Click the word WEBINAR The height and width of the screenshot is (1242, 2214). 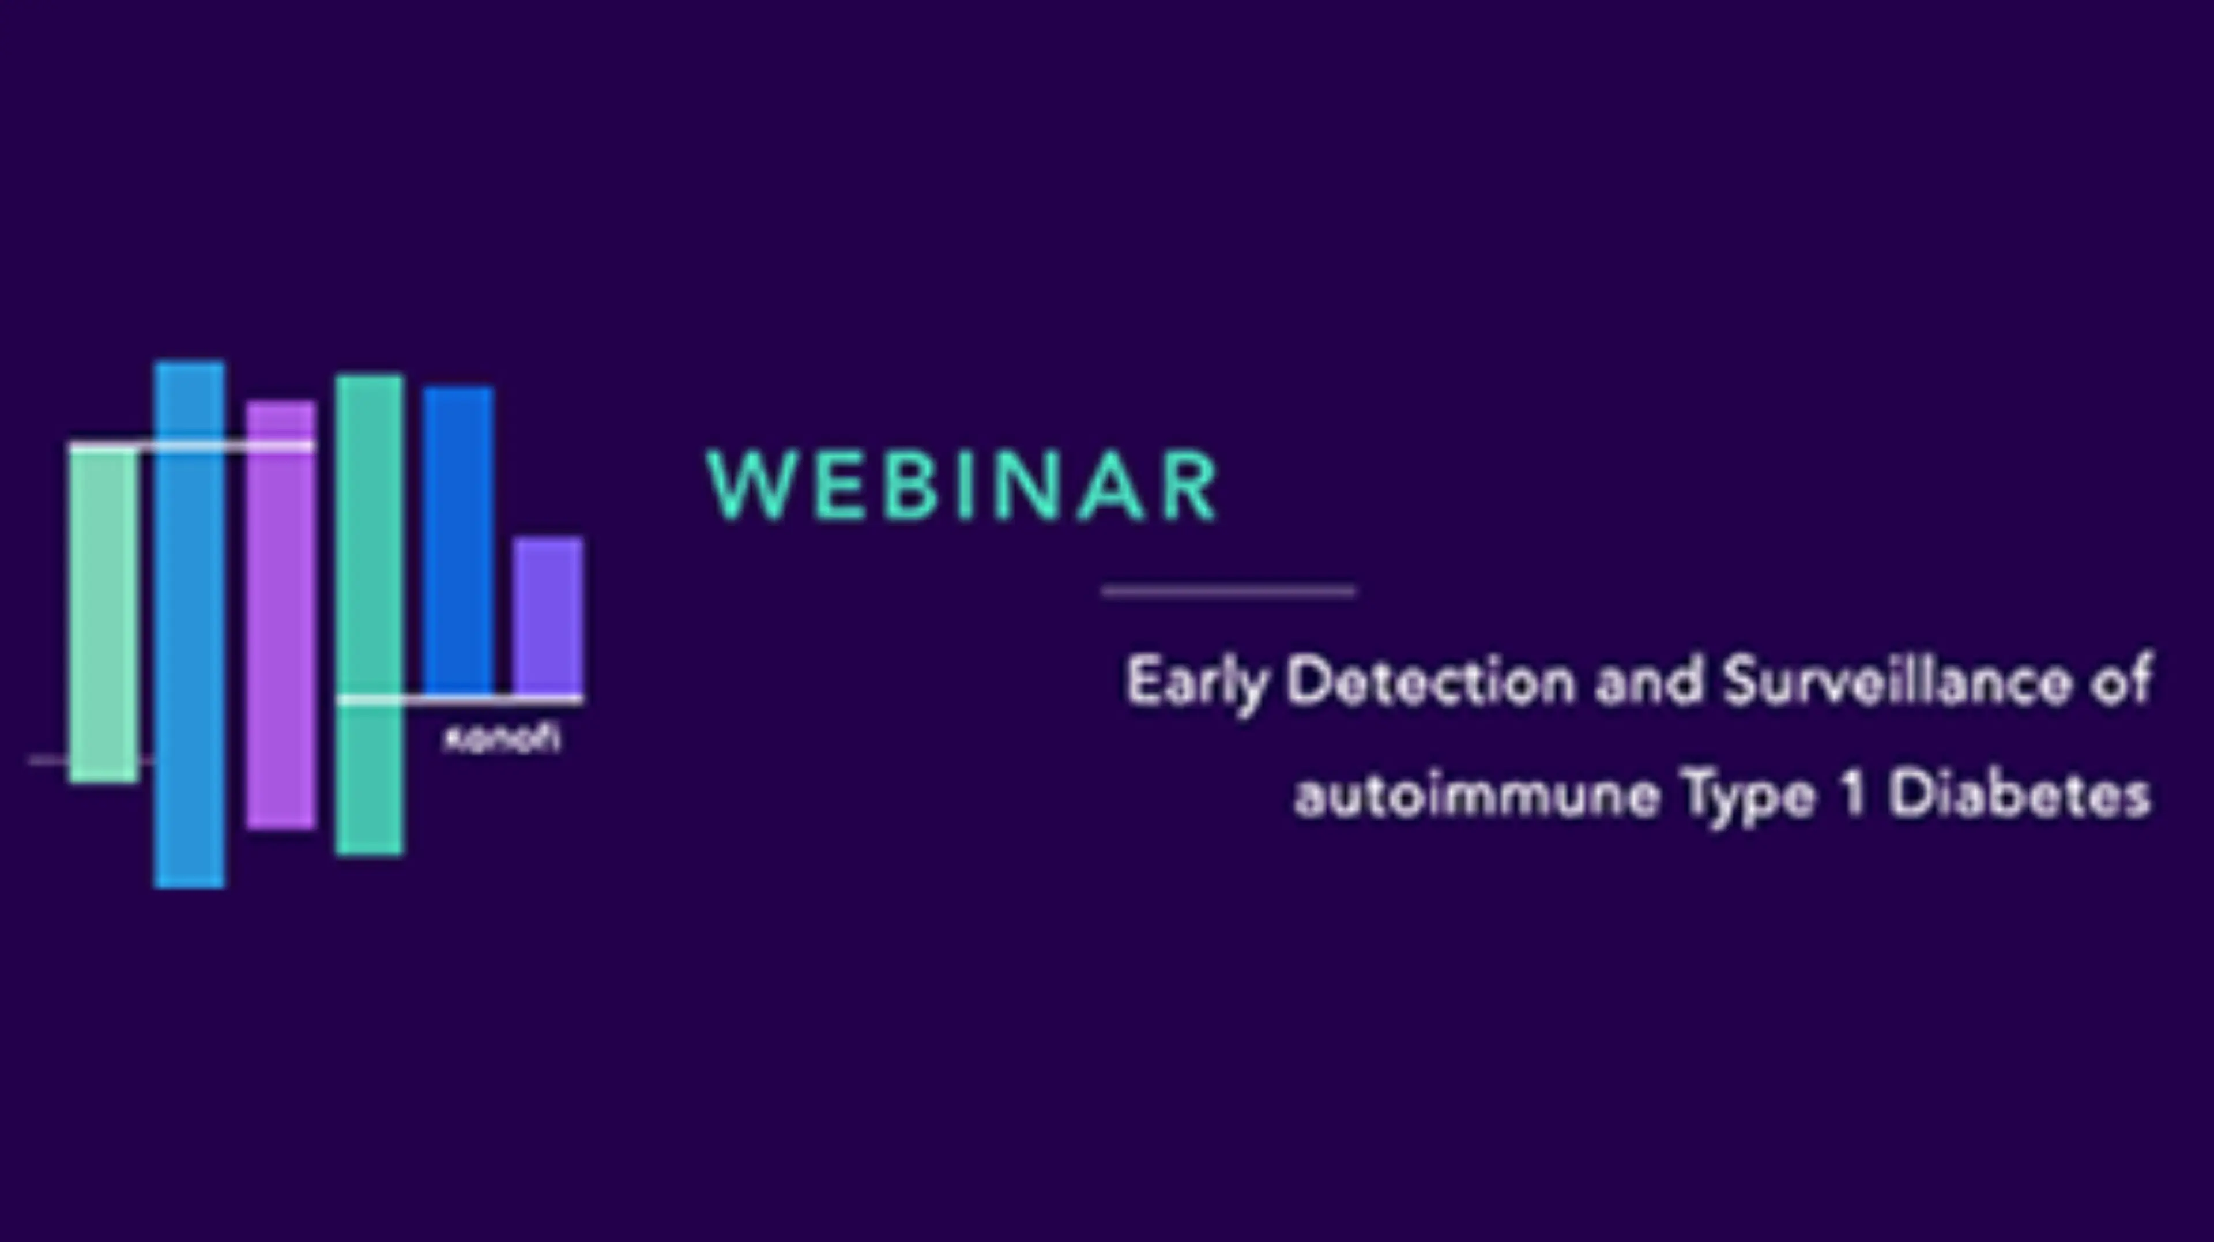click(962, 487)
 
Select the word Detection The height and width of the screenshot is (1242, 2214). click(1431, 682)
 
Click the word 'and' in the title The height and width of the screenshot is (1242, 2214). click(1648, 682)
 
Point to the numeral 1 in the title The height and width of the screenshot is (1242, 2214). click(1854, 795)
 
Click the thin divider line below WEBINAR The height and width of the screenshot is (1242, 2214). click(1229, 590)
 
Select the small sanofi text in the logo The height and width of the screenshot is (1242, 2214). click(501, 739)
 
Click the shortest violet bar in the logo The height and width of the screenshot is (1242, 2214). click(548, 615)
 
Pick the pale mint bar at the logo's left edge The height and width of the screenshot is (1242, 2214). click(103, 615)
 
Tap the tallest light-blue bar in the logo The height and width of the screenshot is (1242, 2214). click(190, 623)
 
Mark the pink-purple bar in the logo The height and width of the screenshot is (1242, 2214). click(281, 615)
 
